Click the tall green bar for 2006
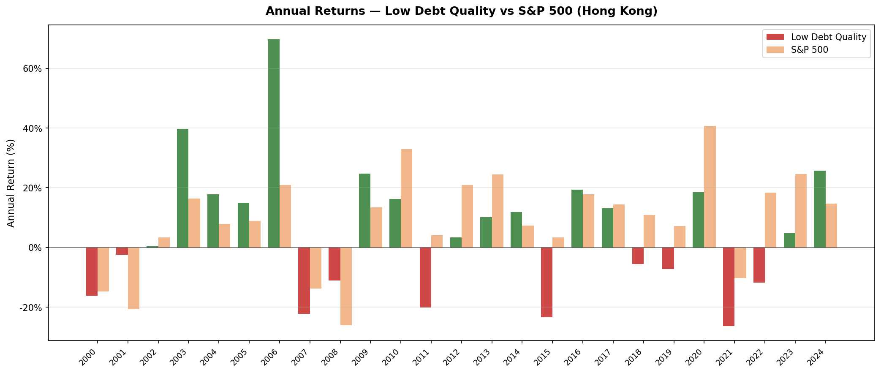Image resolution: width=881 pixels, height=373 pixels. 274,143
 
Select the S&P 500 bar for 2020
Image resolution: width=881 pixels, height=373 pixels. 710,186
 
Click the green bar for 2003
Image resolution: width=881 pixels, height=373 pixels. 182,188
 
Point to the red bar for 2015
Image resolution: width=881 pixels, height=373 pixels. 547,282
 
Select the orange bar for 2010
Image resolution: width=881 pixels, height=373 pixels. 406,198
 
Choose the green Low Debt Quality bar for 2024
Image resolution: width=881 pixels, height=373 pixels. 819,209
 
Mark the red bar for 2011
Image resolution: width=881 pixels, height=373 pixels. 425,277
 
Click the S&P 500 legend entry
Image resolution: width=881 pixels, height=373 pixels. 809,50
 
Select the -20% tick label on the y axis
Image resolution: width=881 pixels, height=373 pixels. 30,308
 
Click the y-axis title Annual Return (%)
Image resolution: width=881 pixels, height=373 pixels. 11,183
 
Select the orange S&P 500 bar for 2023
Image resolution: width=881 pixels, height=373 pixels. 801,211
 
